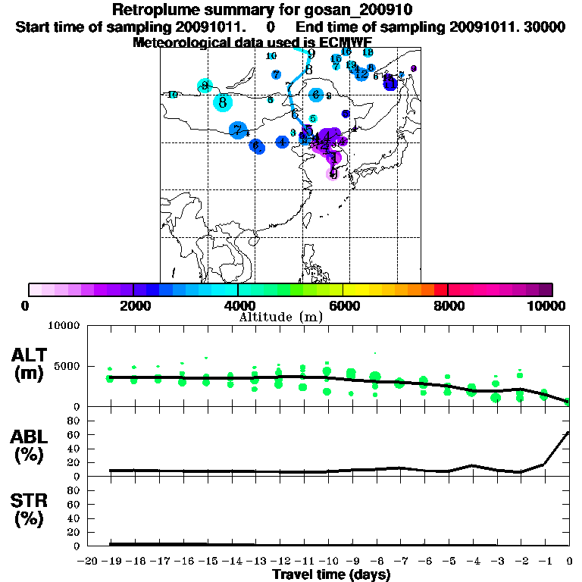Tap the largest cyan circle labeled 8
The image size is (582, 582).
[x=222, y=102]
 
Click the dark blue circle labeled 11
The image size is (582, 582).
[x=390, y=82]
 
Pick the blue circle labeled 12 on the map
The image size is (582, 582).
[x=362, y=74]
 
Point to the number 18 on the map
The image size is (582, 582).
[x=368, y=52]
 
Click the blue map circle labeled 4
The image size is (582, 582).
[x=282, y=142]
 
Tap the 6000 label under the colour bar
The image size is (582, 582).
[x=343, y=305]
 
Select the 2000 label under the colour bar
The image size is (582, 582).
[x=133, y=305]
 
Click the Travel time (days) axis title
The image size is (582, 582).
[x=330, y=574]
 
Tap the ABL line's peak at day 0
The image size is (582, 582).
[x=568, y=433]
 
